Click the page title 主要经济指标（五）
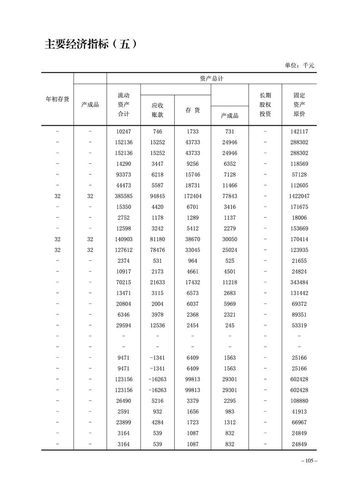click(x=90, y=44)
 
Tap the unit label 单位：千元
click(x=299, y=65)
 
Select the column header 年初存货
click(x=58, y=99)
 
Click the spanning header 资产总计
click(x=211, y=79)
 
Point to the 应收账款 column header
click(x=157, y=110)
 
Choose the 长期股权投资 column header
click(x=265, y=104)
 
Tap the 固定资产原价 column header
click(x=299, y=104)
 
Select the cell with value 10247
click(x=123, y=132)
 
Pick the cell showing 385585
click(x=123, y=196)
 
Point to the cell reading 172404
click(x=192, y=196)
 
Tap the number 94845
click(x=157, y=196)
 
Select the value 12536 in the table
click(x=157, y=326)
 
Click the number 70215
click(x=123, y=282)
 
